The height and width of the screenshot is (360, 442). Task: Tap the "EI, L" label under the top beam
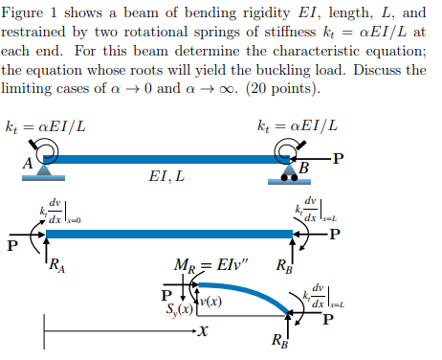click(167, 177)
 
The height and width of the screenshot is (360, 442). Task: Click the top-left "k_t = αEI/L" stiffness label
click(45, 126)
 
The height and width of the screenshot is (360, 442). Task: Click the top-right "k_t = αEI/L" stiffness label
click(298, 126)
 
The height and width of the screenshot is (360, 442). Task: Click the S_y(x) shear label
click(180, 311)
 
